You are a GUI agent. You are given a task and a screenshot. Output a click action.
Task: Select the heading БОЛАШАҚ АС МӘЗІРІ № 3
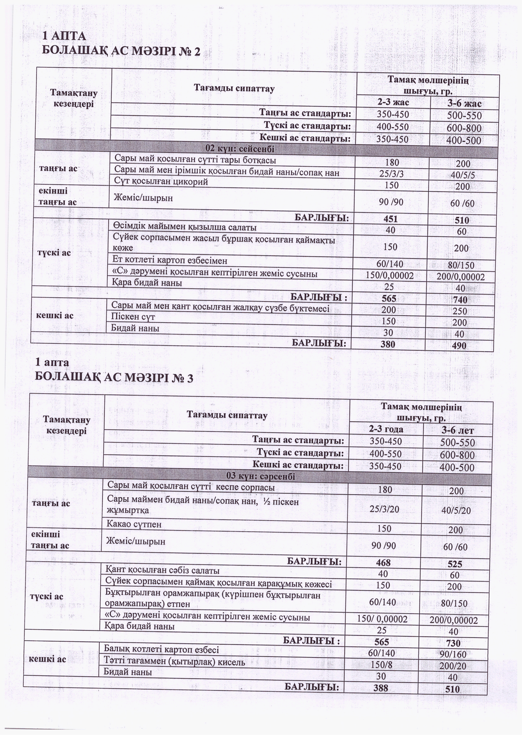(114, 378)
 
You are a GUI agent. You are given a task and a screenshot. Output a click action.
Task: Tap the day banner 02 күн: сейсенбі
(240, 149)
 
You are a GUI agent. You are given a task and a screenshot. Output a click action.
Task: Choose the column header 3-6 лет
(458, 430)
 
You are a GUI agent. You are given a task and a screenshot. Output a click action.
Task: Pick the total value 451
(390, 219)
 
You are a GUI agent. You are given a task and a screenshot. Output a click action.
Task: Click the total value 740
(460, 300)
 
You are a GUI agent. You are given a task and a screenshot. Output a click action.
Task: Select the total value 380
(388, 344)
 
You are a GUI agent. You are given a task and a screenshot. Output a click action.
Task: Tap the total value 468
(383, 562)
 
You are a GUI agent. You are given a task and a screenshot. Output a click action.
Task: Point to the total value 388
(381, 688)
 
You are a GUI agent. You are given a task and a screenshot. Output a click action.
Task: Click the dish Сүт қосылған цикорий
(161, 182)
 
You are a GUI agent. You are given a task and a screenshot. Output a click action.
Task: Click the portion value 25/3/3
(391, 174)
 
